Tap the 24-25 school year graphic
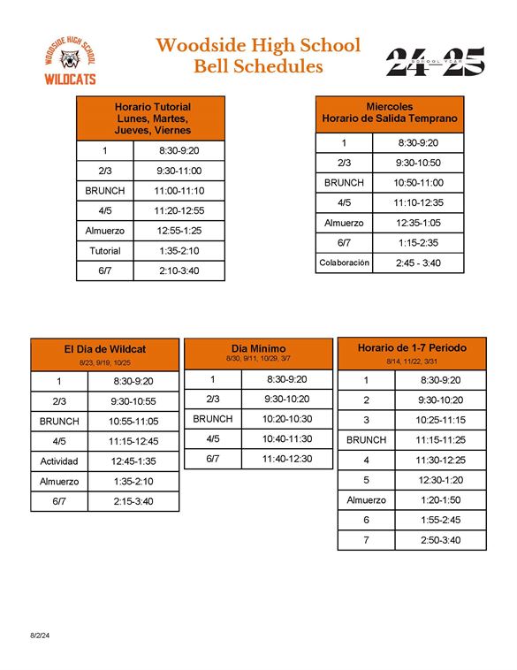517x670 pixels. [436, 61]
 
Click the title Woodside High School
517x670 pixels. [258, 45]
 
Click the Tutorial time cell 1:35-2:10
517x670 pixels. [179, 251]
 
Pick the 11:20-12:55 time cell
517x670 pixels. [179, 210]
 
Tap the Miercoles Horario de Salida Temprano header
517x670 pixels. [390, 112]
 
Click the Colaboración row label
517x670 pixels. [344, 263]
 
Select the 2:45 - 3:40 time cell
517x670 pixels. [418, 263]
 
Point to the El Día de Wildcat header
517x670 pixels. [104, 354]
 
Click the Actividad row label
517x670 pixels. [59, 461]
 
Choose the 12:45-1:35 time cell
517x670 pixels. [133, 461]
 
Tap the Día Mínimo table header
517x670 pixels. [258, 353]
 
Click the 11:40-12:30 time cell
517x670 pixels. [286, 459]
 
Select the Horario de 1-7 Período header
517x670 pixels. [412, 353]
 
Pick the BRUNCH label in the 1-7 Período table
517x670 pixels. [366, 439]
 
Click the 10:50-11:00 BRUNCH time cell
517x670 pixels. [418, 183]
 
